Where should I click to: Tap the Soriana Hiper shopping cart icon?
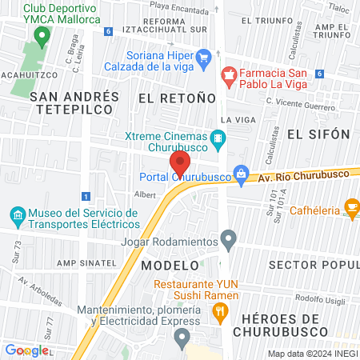tap(203, 56)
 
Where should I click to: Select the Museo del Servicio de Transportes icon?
tap(18, 214)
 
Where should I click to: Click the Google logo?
tap(26, 350)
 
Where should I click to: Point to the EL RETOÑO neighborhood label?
tap(177, 98)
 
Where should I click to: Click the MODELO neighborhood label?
tap(170, 264)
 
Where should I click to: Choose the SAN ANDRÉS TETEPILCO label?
tap(74, 105)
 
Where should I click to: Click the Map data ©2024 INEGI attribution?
tap(312, 353)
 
